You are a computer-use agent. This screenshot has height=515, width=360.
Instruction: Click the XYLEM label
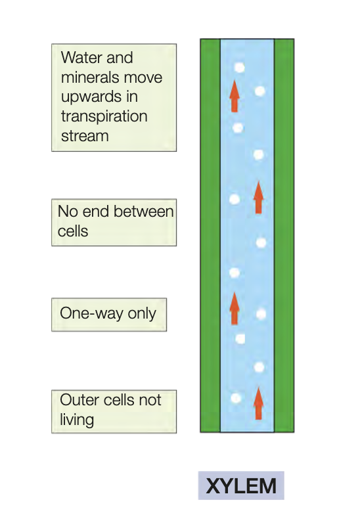click(x=241, y=486)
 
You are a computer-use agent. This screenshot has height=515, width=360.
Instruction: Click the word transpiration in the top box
click(x=104, y=116)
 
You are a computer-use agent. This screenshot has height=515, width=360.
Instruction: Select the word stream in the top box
click(x=85, y=136)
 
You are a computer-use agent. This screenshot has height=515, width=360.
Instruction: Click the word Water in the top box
click(x=81, y=58)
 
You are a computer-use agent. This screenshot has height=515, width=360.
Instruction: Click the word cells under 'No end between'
click(x=73, y=231)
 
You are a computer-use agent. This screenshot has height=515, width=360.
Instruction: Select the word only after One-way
click(x=142, y=313)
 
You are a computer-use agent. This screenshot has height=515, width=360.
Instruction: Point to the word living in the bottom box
click(x=77, y=419)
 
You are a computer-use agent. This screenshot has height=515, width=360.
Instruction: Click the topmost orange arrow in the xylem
click(x=234, y=97)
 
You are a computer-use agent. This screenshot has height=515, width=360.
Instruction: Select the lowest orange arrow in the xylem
click(x=258, y=403)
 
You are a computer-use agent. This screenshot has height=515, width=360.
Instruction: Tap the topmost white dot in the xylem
click(x=238, y=68)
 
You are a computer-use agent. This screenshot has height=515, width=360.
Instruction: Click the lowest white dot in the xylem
click(x=235, y=398)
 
